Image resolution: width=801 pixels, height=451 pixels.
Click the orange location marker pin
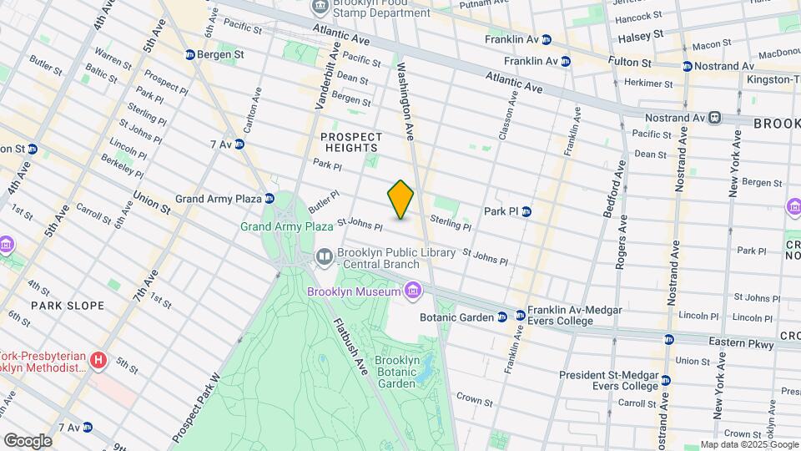pyautogui.click(x=400, y=199)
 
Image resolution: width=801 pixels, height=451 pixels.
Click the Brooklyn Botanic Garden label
pyautogui.click(x=395, y=371)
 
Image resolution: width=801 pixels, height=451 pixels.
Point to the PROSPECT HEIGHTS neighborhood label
pyautogui.click(x=350, y=142)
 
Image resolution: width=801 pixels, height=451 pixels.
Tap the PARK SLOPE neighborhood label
pyautogui.click(x=68, y=306)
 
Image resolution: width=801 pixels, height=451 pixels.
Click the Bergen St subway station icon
pyautogui.click(x=190, y=54)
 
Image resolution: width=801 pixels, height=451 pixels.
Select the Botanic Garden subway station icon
pyautogui.click(x=501, y=317)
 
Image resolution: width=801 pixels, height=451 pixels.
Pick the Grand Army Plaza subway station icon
pyautogui.click(x=270, y=199)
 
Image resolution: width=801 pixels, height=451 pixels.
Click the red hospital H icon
pyautogui.click(x=98, y=361)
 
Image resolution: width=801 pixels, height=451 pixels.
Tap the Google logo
pyautogui.click(x=27, y=440)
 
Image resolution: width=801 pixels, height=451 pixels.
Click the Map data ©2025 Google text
pyautogui.click(x=748, y=444)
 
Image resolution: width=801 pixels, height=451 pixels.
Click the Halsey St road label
pyautogui.click(x=641, y=35)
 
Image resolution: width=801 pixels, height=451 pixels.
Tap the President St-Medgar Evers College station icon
pyautogui.click(x=665, y=381)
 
